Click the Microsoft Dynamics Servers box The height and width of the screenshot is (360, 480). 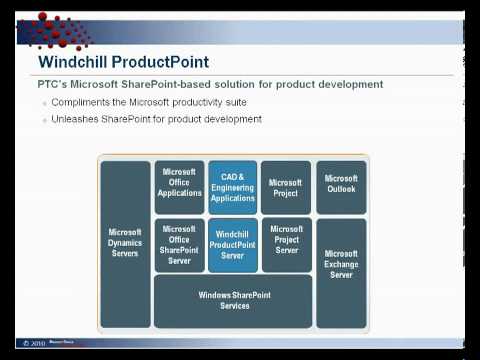(x=126, y=242)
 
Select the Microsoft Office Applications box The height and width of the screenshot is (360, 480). (x=179, y=187)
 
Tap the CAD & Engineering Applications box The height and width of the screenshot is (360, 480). (x=232, y=187)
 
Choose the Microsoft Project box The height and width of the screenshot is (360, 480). (x=286, y=187)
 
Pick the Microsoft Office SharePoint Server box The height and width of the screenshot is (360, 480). (x=179, y=244)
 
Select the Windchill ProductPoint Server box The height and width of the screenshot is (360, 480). (x=232, y=244)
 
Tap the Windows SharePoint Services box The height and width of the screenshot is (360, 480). (x=232, y=299)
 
